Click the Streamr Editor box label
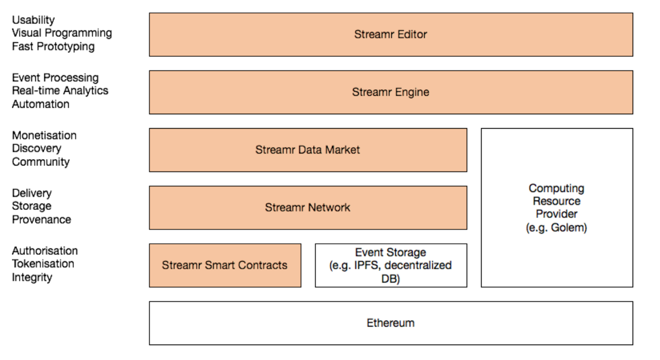point(390,34)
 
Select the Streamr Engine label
point(390,92)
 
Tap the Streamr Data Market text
point(307,150)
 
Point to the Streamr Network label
point(307,207)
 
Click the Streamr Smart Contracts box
point(225,265)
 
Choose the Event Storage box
point(391,265)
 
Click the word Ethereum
point(390,323)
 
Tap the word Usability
point(33,20)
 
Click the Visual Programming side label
point(62,33)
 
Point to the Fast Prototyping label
point(53,46)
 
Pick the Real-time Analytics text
point(60,91)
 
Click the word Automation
point(41,104)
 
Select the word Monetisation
point(44,135)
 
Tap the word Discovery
point(36,149)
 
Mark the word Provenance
point(41,219)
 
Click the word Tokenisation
point(43,264)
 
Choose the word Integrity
point(32,277)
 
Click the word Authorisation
point(45,251)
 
